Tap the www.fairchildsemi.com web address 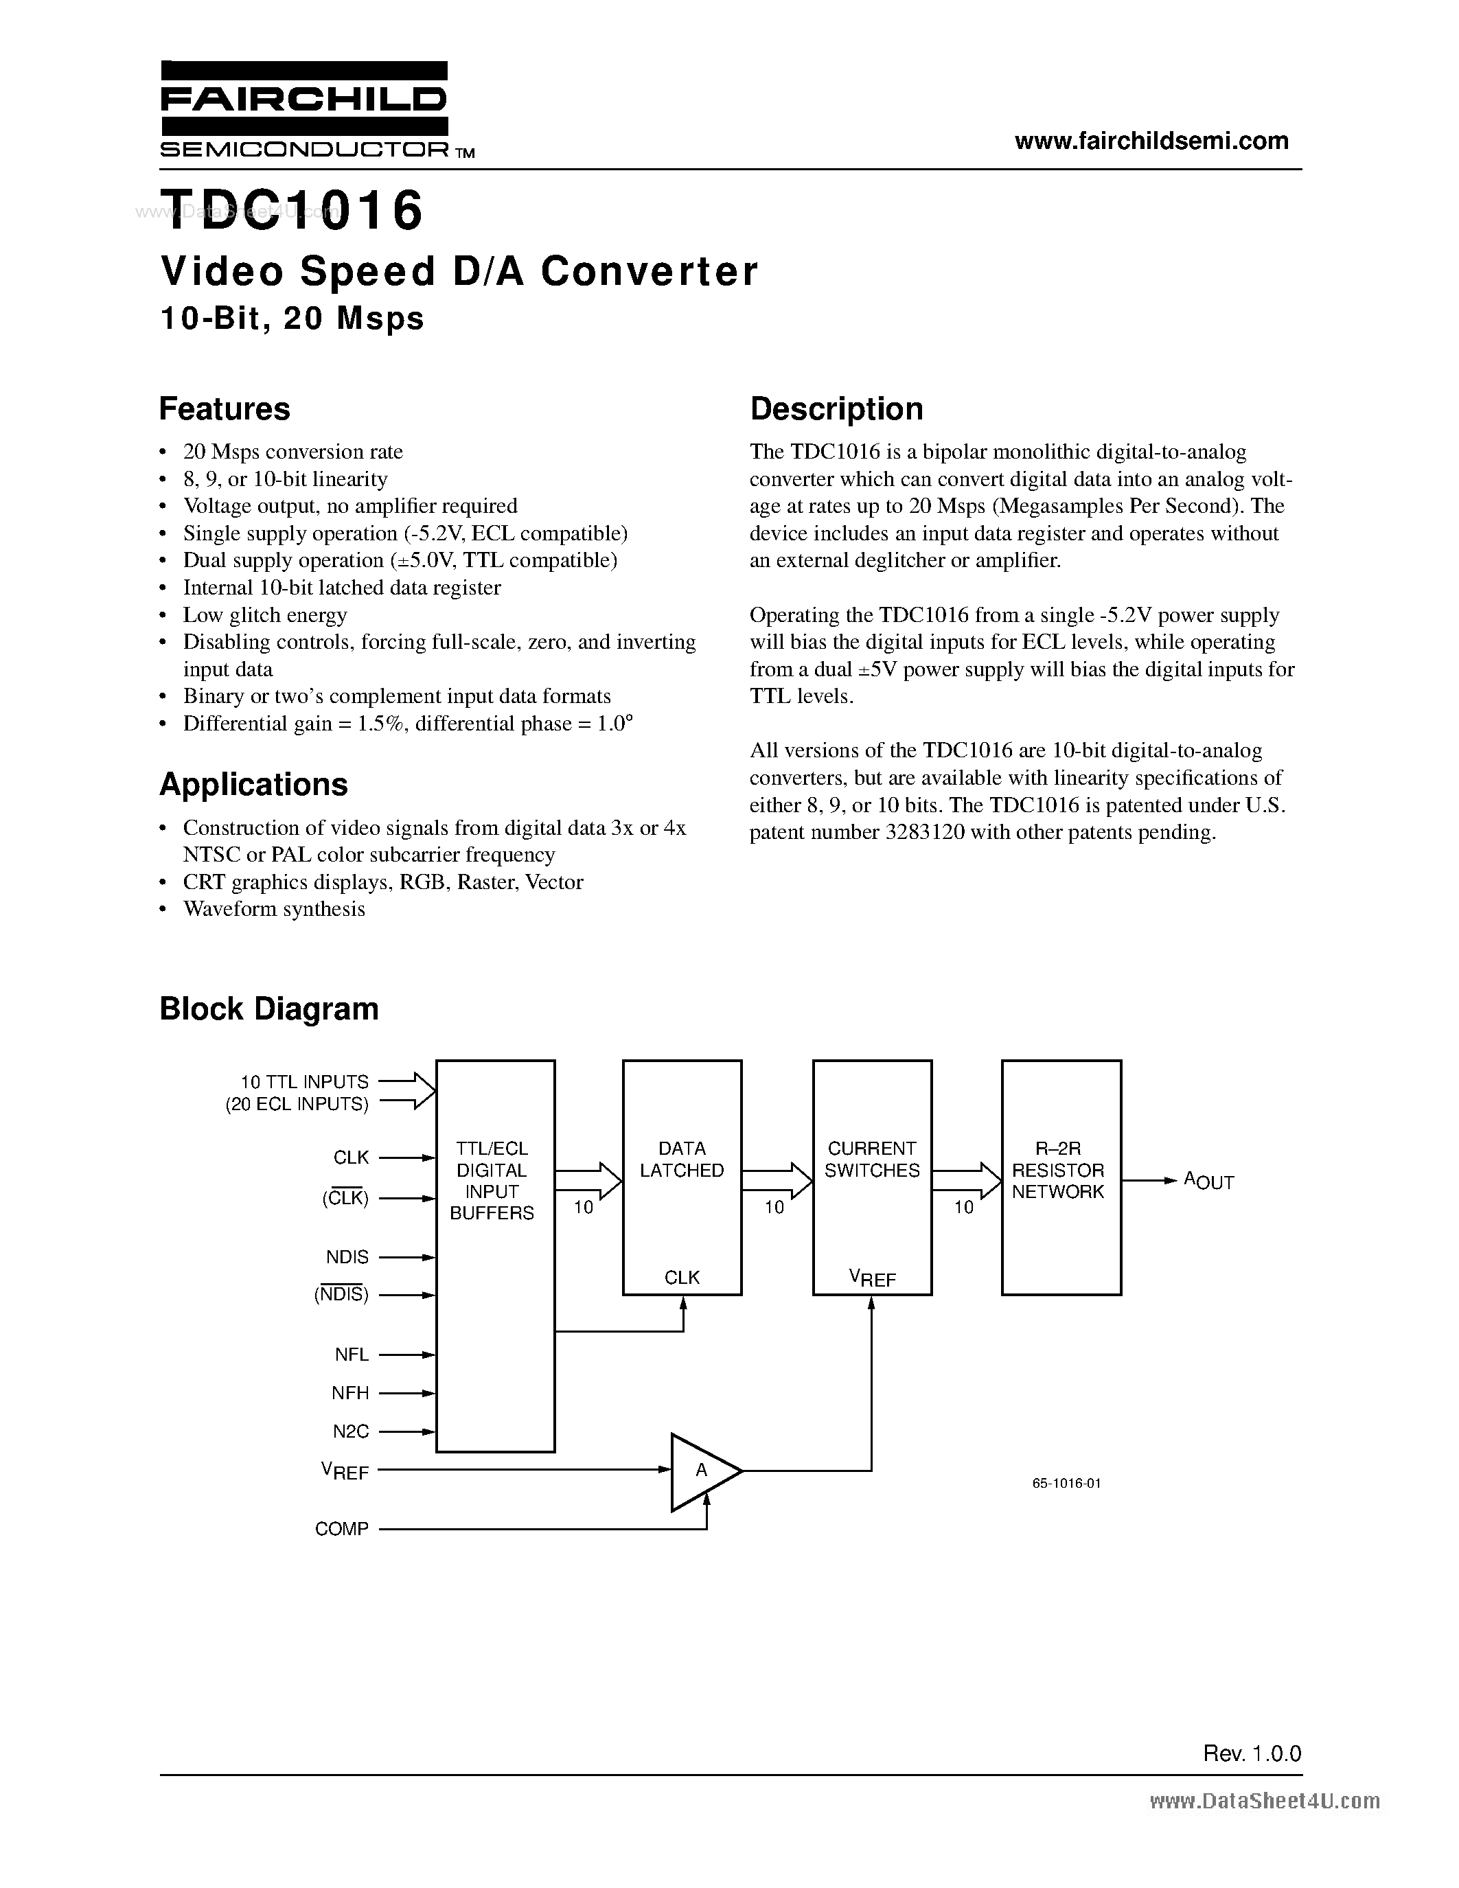click(x=1151, y=141)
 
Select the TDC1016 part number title click(x=292, y=211)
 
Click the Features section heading click(x=225, y=409)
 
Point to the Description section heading click(x=836, y=409)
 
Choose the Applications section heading click(x=253, y=784)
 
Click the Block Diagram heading click(x=269, y=1009)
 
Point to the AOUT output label click(x=1208, y=1181)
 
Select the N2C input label click(x=350, y=1431)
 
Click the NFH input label click(x=350, y=1393)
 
